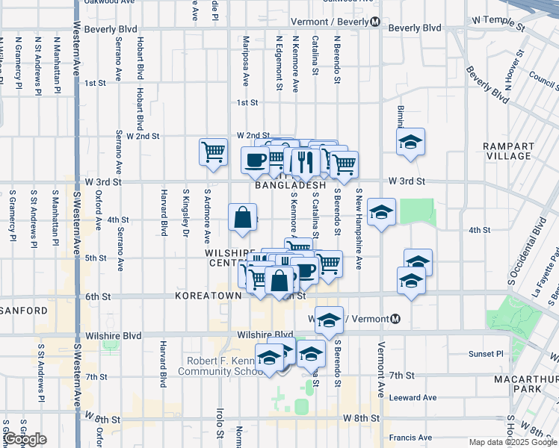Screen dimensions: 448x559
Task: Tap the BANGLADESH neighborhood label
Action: click(x=291, y=185)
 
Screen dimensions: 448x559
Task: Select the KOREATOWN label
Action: click(x=208, y=296)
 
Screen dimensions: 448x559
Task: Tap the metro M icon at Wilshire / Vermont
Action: click(x=395, y=319)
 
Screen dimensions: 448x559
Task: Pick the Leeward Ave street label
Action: click(x=413, y=398)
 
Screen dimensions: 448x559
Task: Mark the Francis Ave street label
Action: click(x=411, y=438)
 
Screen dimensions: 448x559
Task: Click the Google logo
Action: click(x=25, y=440)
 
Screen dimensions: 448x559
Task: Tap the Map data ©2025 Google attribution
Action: click(x=512, y=443)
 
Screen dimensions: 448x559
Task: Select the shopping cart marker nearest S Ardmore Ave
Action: click(x=213, y=151)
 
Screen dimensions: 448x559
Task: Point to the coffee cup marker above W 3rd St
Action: click(x=255, y=158)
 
